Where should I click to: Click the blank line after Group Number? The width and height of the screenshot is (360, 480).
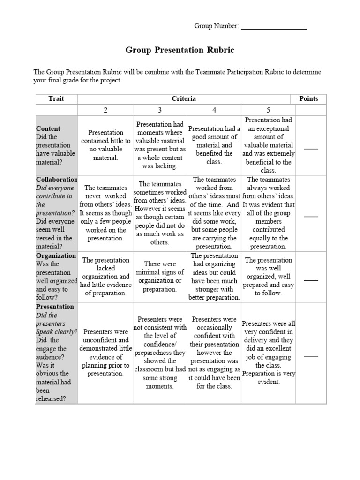pos(274,27)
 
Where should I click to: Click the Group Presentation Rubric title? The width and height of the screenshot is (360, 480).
pos(180,50)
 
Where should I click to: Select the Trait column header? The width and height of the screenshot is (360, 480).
pos(56,98)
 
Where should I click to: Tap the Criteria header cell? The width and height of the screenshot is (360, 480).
pos(184,98)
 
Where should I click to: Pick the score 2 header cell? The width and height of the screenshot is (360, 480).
pos(106,110)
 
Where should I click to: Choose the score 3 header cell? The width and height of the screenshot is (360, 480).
pos(160,110)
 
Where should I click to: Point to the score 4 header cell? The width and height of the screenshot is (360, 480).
pos(214,110)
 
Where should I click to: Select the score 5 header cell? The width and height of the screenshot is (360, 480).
pos(269,110)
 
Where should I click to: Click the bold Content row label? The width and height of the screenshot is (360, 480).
pos(48,128)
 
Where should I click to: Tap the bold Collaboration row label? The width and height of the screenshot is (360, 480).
pos(57,180)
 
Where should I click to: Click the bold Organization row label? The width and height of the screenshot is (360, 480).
pos(56,255)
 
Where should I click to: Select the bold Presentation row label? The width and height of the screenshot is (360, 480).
pos(55,307)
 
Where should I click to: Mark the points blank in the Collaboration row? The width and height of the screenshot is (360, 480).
pos(311,216)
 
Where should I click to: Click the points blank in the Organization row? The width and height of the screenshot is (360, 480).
pos(311,279)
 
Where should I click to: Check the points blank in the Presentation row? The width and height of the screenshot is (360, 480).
pos(311,356)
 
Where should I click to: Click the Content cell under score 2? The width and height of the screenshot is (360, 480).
pos(106,145)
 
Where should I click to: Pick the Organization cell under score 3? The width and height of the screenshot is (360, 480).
pos(160,277)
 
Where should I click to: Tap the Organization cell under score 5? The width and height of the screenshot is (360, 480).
pos(269,277)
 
